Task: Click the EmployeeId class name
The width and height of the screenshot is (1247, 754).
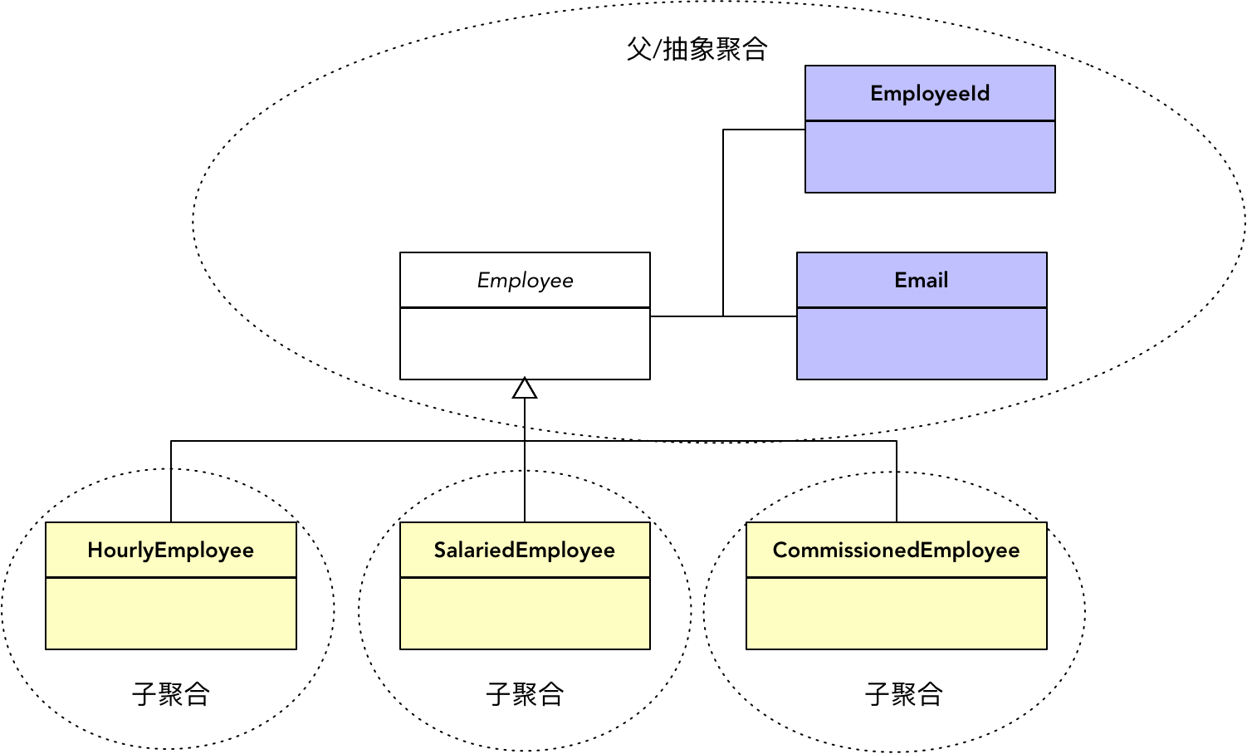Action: [930, 93]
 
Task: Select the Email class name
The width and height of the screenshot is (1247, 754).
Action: [922, 280]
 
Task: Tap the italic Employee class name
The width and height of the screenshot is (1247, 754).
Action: [525, 280]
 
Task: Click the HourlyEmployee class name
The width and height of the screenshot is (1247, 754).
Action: [171, 550]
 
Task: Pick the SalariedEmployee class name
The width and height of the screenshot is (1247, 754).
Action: [525, 550]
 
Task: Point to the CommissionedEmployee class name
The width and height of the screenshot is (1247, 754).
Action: [897, 550]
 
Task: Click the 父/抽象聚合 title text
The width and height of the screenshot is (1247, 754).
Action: [697, 49]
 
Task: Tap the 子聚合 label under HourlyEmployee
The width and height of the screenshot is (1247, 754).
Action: [171, 693]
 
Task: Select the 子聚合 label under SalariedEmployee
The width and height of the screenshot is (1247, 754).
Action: [525, 693]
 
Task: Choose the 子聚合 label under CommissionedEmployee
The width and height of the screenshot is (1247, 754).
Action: [904, 693]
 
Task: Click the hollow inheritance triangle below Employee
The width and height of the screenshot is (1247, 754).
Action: [525, 389]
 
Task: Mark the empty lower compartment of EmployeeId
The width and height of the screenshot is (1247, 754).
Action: [930, 157]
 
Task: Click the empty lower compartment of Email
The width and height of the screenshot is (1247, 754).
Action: [922, 344]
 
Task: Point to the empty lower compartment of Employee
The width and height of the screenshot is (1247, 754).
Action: [525, 344]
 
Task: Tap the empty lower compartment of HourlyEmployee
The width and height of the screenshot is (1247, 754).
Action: [171, 614]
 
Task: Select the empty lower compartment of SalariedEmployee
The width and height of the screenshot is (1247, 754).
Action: [525, 614]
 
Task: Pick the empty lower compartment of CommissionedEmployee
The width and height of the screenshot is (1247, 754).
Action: [897, 614]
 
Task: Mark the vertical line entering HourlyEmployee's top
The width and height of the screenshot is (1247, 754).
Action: [171, 482]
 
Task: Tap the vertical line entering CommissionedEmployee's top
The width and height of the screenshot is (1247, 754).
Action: [897, 482]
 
